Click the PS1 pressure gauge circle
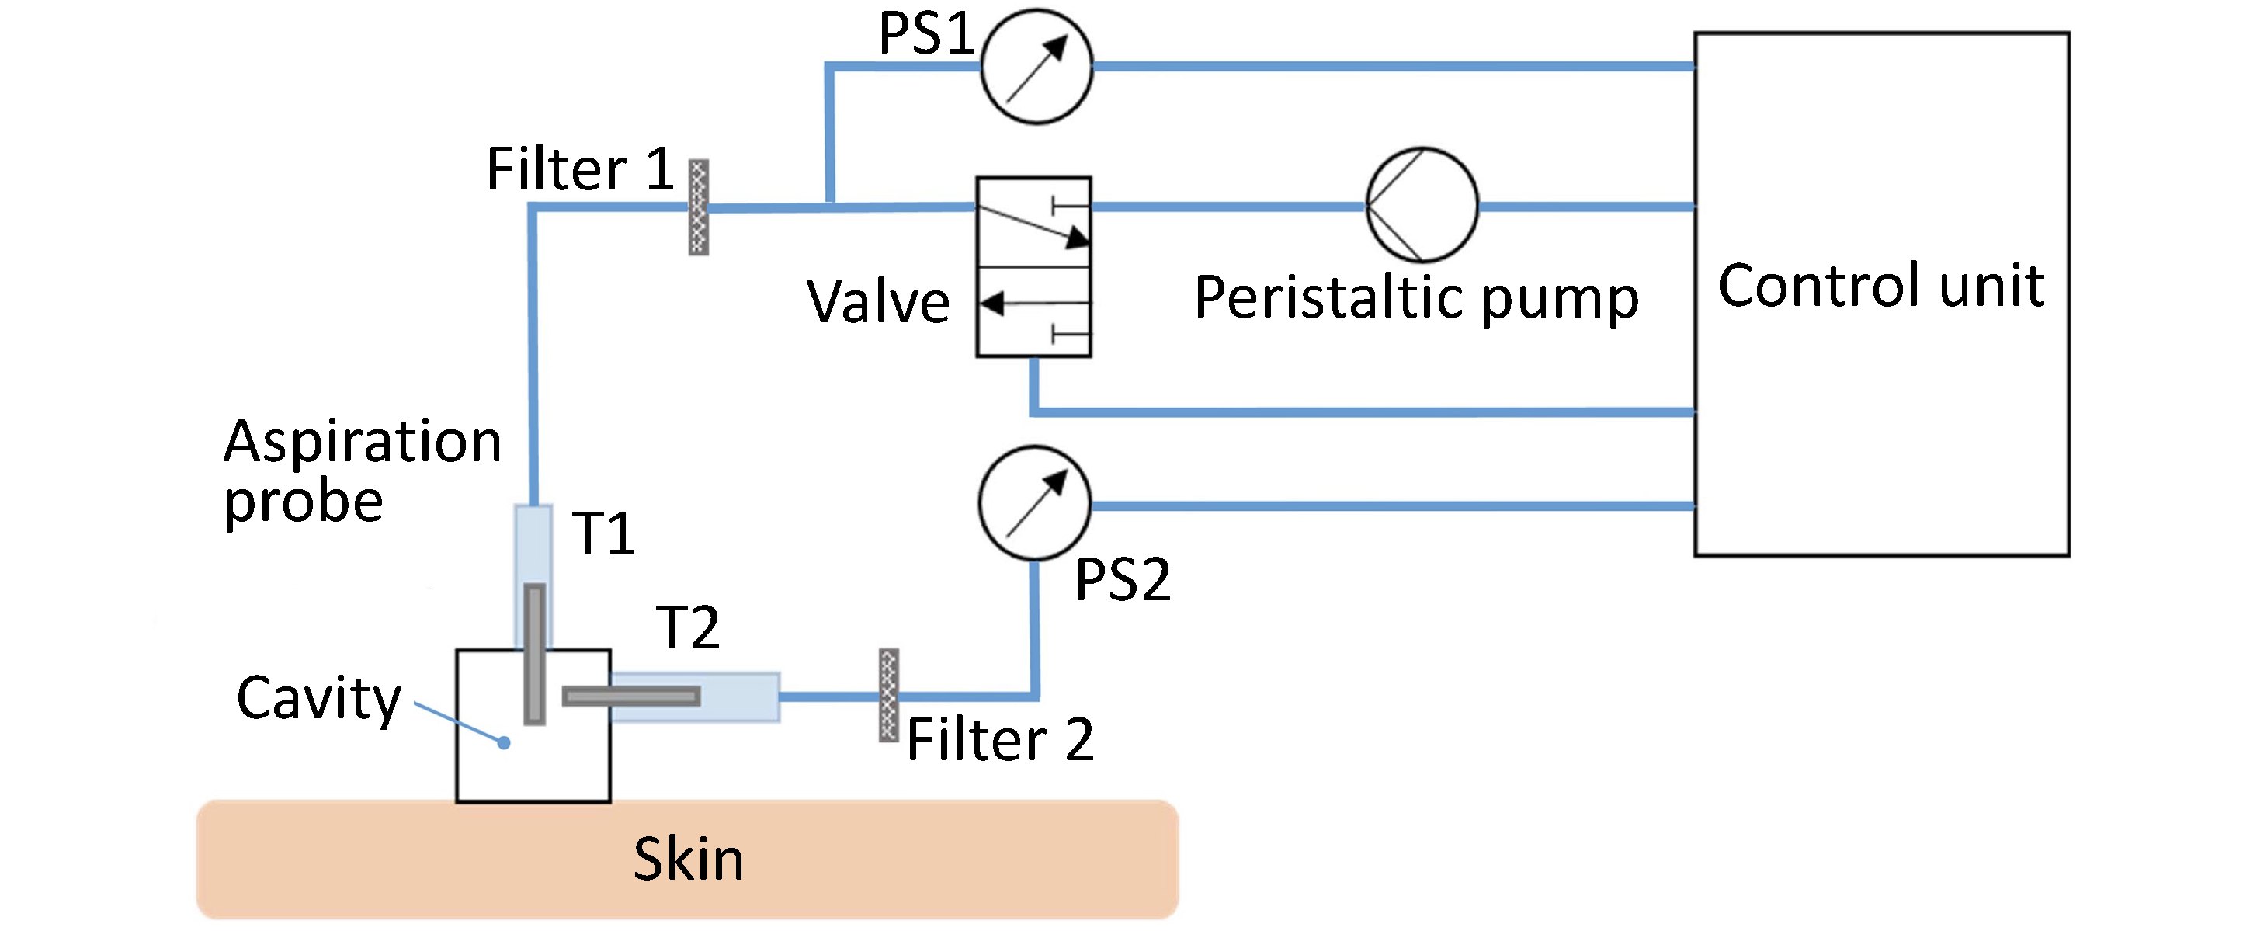click(x=1036, y=66)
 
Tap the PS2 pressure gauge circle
click(x=1035, y=504)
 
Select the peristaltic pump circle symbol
click(x=1422, y=205)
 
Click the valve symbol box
click(x=1034, y=267)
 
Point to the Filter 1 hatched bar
click(x=699, y=207)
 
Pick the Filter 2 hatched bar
click(x=888, y=695)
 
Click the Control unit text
click(x=1881, y=287)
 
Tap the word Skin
click(x=688, y=859)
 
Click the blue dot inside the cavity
click(x=504, y=742)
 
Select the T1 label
click(x=603, y=533)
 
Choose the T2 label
click(x=688, y=628)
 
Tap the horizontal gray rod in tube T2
click(x=630, y=696)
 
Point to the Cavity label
click(x=319, y=699)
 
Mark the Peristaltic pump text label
click(x=1416, y=299)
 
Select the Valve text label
click(x=878, y=302)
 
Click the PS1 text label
click(x=925, y=35)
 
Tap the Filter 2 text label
click(x=1000, y=740)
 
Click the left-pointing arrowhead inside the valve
click(x=992, y=304)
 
